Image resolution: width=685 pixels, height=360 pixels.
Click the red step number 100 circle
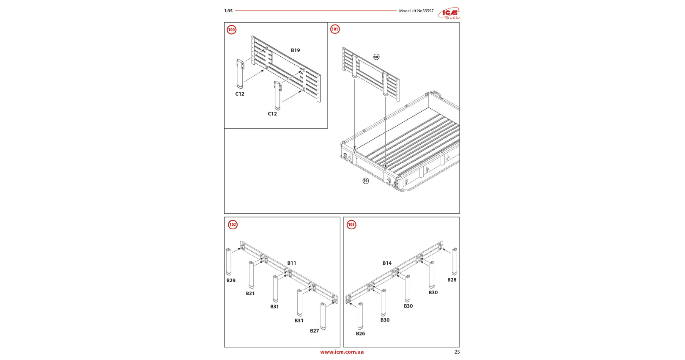[232, 30]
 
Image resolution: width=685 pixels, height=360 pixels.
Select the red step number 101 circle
[335, 29]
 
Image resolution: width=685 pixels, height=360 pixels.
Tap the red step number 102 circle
[233, 225]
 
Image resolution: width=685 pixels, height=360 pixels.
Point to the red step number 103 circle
[351, 225]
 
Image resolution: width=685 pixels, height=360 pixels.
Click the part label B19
[295, 50]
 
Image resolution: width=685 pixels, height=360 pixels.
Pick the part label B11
[292, 263]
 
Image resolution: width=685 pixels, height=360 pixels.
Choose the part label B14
[387, 263]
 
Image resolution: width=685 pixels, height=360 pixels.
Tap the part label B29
[231, 280]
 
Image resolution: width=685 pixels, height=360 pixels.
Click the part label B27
[314, 331]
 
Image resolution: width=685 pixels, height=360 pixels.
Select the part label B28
[452, 280]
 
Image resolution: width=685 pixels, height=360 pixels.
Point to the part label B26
[360, 333]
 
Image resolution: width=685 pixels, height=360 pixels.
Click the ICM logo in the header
[449, 13]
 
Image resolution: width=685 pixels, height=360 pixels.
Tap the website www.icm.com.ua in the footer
[342, 352]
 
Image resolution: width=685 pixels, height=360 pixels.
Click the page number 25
[457, 352]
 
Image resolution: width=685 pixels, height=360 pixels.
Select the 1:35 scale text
[228, 11]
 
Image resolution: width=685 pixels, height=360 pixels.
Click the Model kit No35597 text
[416, 11]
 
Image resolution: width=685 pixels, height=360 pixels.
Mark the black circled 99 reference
[365, 181]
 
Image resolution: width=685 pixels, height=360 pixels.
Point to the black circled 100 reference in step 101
[376, 57]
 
